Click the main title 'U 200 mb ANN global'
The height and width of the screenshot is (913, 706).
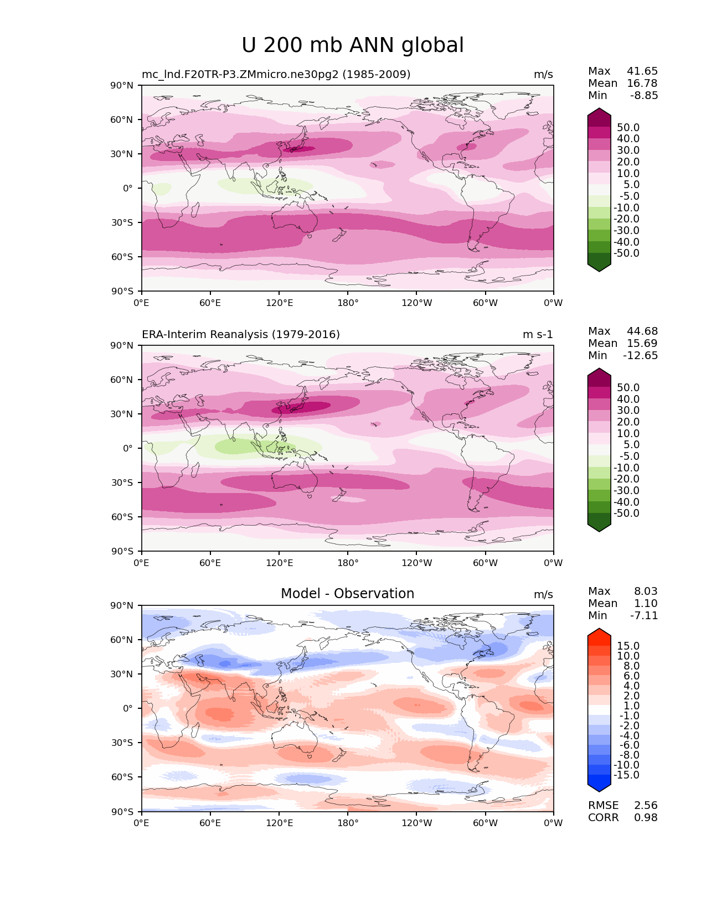click(x=353, y=45)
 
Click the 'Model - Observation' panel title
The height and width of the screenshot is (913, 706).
click(x=347, y=594)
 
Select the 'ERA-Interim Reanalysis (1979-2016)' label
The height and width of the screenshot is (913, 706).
click(x=241, y=334)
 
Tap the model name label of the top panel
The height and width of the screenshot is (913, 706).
click(x=276, y=74)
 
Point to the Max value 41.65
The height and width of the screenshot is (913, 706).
click(x=642, y=71)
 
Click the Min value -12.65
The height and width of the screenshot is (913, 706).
click(x=641, y=355)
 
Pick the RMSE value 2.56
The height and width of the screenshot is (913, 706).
click(x=646, y=805)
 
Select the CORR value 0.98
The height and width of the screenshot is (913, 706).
click(x=646, y=817)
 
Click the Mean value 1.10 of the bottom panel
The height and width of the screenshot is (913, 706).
click(x=646, y=603)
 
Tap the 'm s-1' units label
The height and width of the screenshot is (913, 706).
click(x=538, y=334)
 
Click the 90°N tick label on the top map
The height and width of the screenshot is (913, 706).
click(x=122, y=85)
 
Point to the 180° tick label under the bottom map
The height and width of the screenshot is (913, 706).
click(x=348, y=823)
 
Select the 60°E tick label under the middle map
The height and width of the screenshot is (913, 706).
click(x=210, y=563)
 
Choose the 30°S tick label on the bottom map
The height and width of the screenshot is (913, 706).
click(x=122, y=743)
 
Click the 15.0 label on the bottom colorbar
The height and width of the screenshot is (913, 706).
click(x=628, y=646)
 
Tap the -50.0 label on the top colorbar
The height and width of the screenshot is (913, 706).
click(x=626, y=253)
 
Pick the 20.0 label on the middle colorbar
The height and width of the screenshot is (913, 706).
click(x=628, y=422)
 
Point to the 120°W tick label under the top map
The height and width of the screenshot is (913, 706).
click(x=417, y=303)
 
